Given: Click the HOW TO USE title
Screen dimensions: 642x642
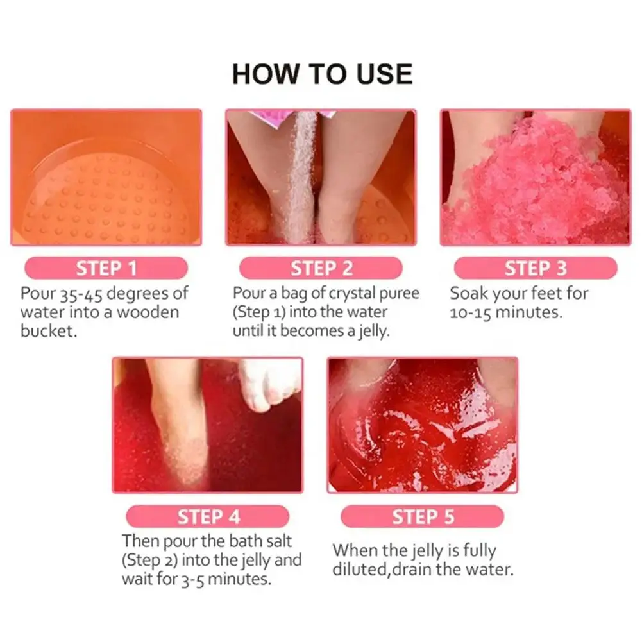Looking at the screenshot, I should [321, 74].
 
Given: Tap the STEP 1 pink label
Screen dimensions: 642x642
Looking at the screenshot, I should [106, 268].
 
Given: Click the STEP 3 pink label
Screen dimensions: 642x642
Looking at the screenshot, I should [536, 268].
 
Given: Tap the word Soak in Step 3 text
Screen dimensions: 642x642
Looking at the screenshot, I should [468, 294].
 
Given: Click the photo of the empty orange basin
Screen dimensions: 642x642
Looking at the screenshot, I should [106, 178].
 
